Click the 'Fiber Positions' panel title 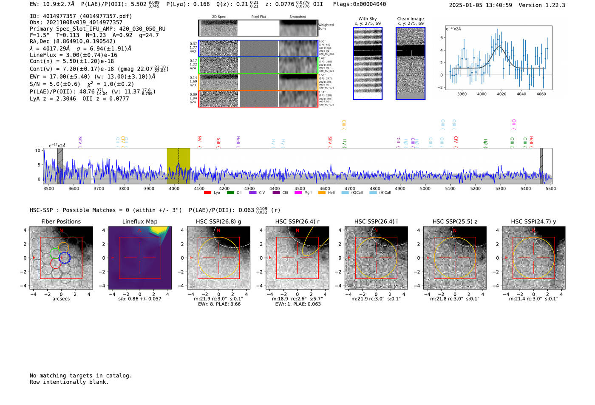click(x=61, y=221)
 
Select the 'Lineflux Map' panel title click(x=140, y=221)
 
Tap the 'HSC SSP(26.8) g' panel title click(x=218, y=221)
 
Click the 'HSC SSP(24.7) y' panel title click(x=533, y=221)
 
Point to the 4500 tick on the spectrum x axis click(x=300, y=188)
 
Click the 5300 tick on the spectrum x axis click(x=500, y=188)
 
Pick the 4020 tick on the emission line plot click(x=501, y=94)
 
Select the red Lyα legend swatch click(x=207, y=193)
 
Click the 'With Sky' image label click(x=367, y=19)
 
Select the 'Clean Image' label click(x=410, y=19)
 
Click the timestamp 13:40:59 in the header click(x=498, y=5)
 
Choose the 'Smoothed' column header click(x=297, y=17)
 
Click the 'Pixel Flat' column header click(x=258, y=17)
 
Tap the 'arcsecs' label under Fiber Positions click(x=61, y=299)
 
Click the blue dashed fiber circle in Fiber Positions click(x=64, y=258)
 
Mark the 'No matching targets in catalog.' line click(x=81, y=375)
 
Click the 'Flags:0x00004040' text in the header click(x=360, y=4)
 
